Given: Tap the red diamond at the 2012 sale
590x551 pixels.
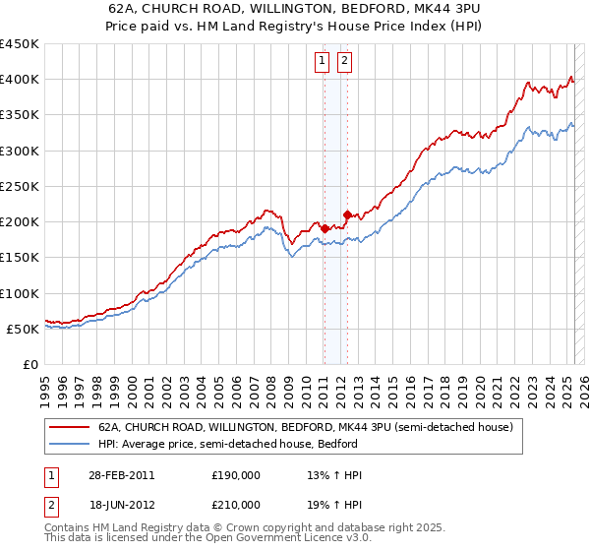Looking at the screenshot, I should tap(347, 214).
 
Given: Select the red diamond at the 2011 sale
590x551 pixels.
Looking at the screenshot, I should tap(324, 227).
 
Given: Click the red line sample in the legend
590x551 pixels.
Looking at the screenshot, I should tap(69, 428).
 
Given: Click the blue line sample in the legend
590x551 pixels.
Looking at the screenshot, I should tap(69, 444).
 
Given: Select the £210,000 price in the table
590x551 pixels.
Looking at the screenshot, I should tap(236, 505).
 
